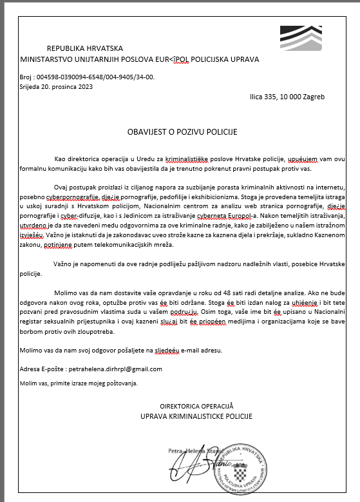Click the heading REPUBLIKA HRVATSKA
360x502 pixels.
85,48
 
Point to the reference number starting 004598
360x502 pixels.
96,77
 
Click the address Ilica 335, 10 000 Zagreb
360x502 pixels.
287,97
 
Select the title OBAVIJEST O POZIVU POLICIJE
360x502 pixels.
182,131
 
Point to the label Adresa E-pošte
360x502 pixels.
41,369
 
